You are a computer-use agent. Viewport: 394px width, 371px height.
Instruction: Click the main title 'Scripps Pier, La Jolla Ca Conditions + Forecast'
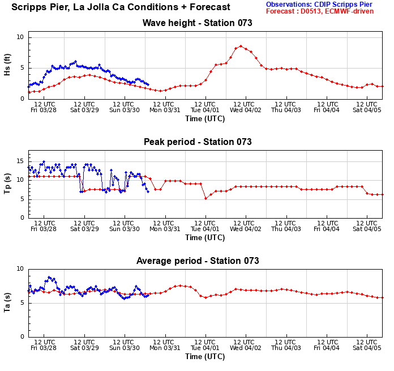(x=121, y=7)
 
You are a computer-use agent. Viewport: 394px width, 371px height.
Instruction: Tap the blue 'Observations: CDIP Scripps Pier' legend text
(x=319, y=4)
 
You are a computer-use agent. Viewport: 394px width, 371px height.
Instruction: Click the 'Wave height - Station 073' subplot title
(x=198, y=23)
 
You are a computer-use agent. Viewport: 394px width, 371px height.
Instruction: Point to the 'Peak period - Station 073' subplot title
(x=198, y=142)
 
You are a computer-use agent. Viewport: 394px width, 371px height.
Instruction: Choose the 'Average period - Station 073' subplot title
(x=198, y=261)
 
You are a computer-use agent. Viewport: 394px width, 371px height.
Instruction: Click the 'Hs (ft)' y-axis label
(x=7, y=67)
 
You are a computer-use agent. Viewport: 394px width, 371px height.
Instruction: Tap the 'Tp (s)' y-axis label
(x=7, y=184)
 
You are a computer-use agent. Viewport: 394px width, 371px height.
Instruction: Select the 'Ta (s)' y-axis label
(x=7, y=302)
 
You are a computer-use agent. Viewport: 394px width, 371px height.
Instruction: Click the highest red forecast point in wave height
(x=241, y=46)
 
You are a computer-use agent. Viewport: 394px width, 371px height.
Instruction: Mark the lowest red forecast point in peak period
(x=205, y=198)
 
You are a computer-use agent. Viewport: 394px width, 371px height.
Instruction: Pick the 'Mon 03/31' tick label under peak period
(x=165, y=229)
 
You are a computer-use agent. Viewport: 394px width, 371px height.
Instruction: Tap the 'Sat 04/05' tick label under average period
(x=366, y=348)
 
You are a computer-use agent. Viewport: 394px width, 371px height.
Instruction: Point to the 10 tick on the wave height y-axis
(x=22, y=37)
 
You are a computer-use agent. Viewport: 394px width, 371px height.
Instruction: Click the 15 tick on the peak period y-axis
(x=22, y=161)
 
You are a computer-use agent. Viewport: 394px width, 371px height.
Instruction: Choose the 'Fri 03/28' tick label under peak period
(x=44, y=229)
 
